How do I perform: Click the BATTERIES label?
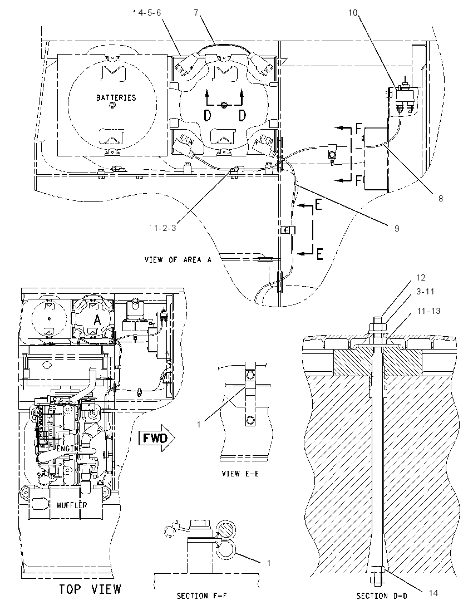[116, 97]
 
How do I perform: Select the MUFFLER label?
[72, 505]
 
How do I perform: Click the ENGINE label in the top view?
[70, 448]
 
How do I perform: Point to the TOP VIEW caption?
[90, 589]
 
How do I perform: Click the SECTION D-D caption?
[382, 596]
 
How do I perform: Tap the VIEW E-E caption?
[240, 474]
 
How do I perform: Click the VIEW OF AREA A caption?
[178, 259]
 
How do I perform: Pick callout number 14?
[433, 593]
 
